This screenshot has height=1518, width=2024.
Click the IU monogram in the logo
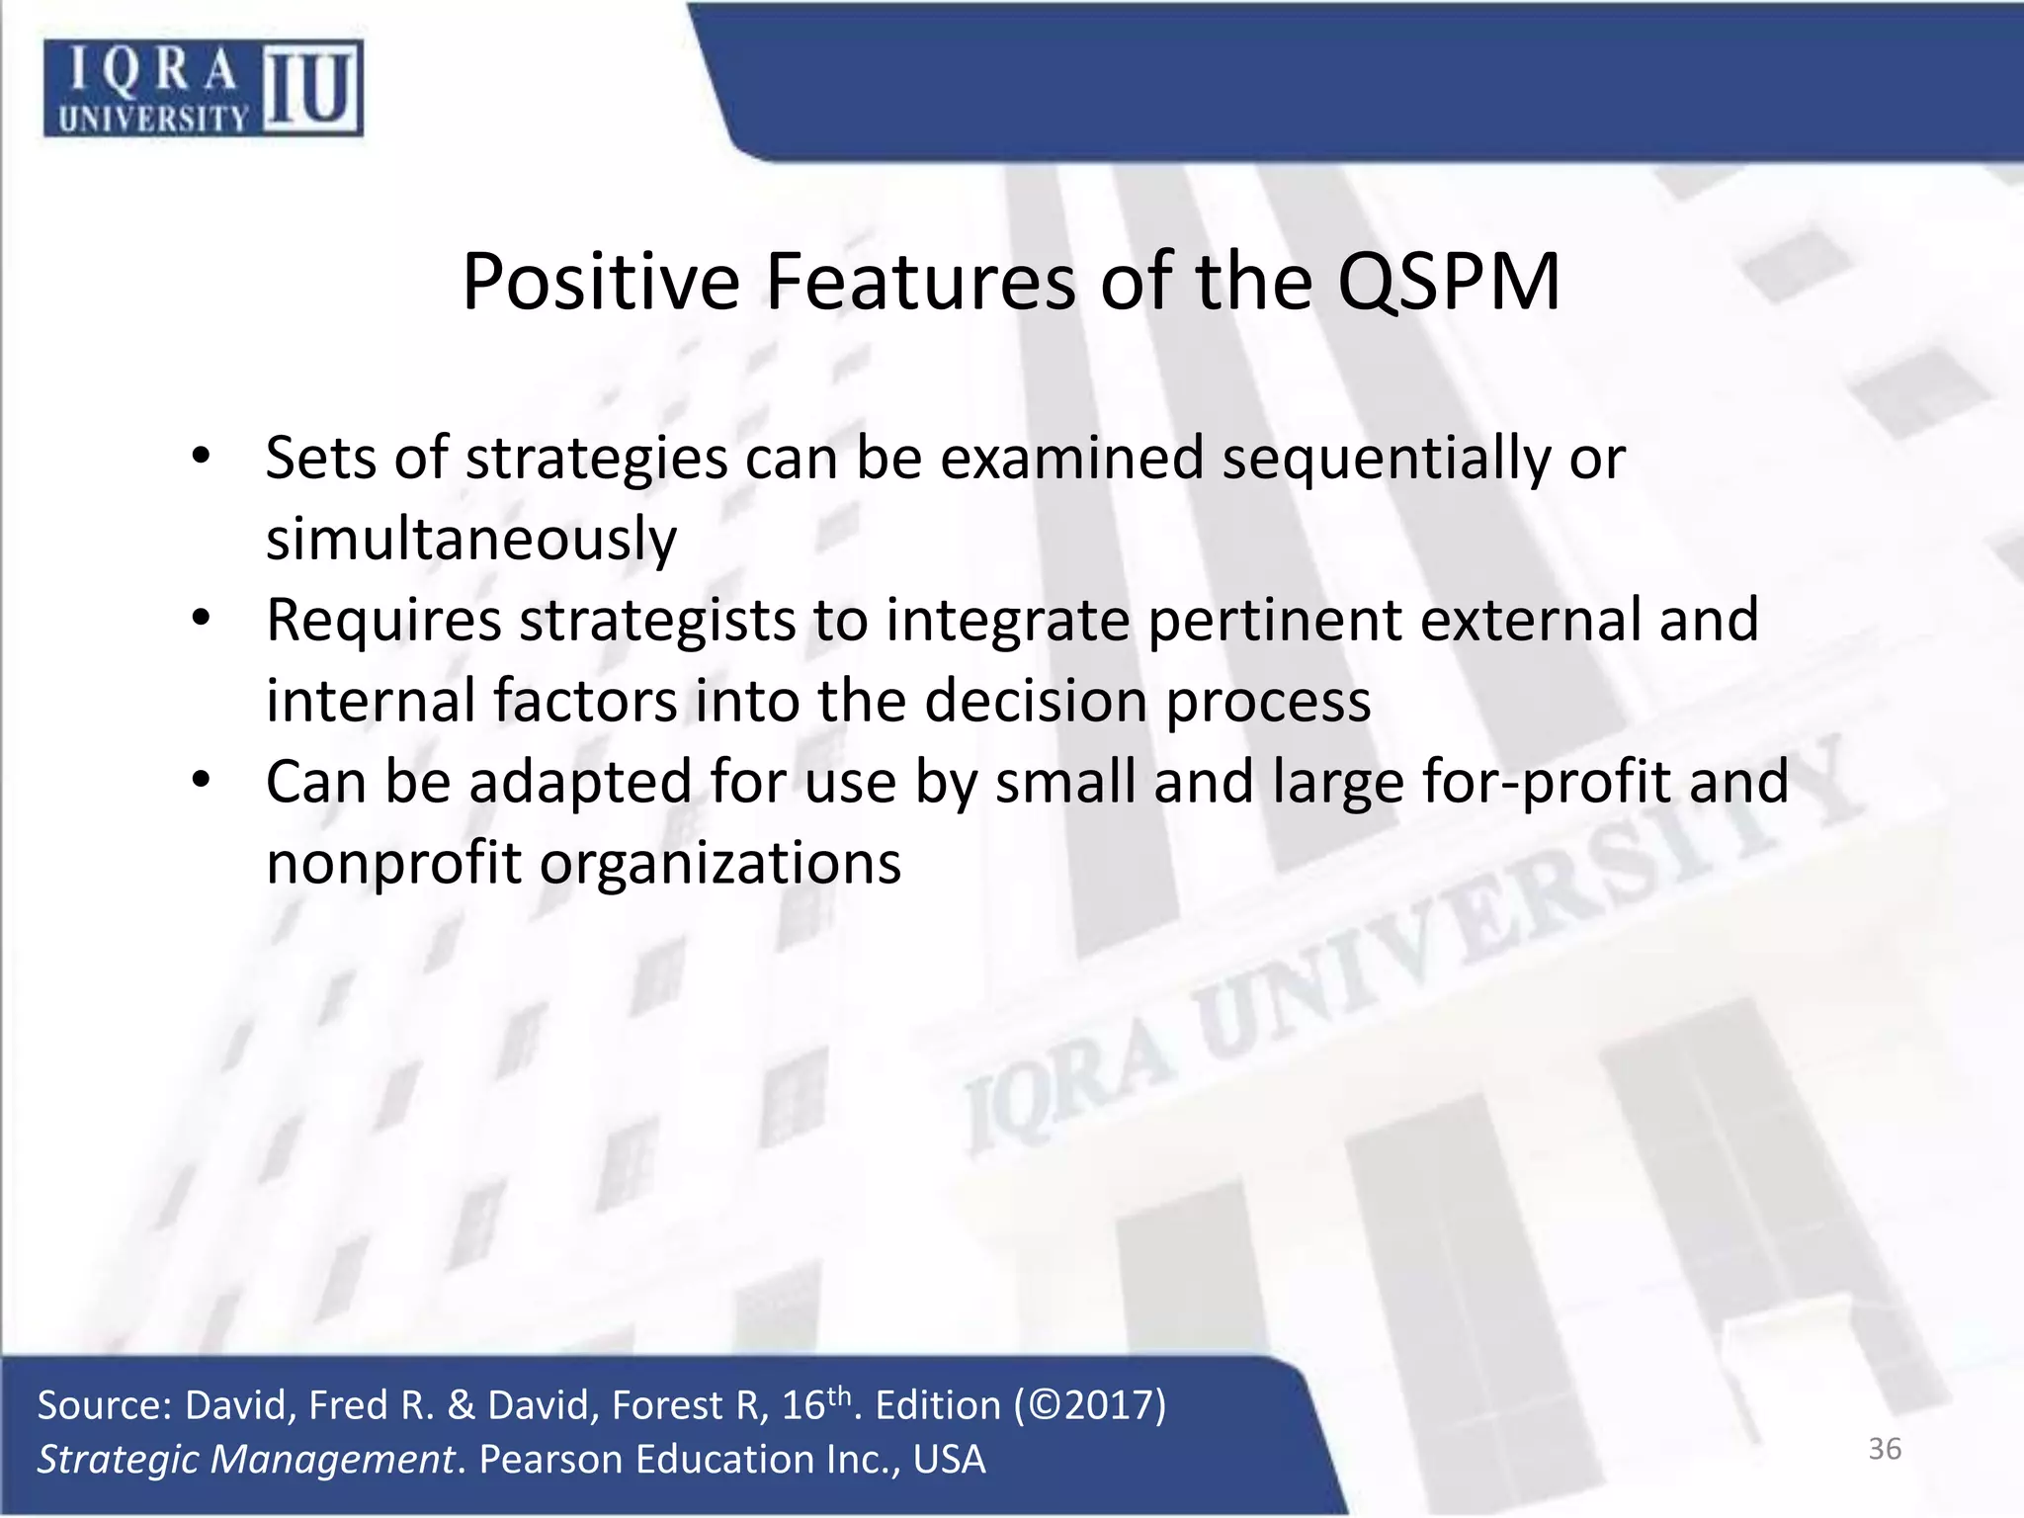(311, 89)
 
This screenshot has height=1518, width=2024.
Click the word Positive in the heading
(600, 283)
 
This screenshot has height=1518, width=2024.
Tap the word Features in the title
(919, 283)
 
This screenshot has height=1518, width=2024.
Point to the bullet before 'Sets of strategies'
(202, 458)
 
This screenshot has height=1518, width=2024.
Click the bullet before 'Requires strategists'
(202, 620)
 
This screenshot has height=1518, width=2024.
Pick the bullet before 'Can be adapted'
(202, 782)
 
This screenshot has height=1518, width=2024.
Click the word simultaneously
(471, 540)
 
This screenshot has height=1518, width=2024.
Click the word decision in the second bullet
(1036, 702)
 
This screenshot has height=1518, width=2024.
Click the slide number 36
(1884, 1449)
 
